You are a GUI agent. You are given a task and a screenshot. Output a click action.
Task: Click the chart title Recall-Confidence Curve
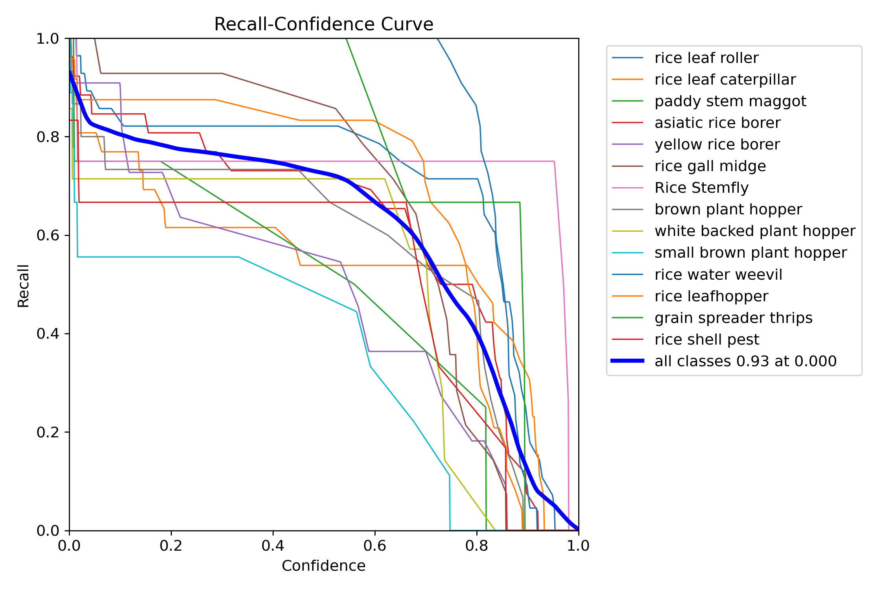[323, 24]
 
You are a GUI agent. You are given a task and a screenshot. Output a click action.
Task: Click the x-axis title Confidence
[323, 566]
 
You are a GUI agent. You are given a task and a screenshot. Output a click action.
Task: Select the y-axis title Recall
[24, 286]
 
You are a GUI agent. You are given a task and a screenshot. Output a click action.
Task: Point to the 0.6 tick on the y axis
[47, 235]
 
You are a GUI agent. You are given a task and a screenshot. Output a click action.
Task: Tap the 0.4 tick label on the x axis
[273, 546]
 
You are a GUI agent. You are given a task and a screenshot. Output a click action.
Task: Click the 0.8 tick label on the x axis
[477, 546]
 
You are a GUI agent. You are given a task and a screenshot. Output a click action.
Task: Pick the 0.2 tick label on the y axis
[47, 432]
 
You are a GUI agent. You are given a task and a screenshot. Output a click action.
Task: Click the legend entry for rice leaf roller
[706, 58]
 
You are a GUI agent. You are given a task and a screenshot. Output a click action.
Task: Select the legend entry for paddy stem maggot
[730, 101]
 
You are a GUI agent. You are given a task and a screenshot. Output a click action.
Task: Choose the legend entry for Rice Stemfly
[701, 188]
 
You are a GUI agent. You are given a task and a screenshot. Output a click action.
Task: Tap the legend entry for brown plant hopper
[728, 209]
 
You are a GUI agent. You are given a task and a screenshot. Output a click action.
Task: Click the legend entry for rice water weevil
[718, 275]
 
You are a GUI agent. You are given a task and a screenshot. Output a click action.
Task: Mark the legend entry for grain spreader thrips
[733, 318]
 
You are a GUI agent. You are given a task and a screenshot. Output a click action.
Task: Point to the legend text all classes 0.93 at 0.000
[745, 361]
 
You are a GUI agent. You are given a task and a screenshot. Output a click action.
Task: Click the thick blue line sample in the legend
[627, 361]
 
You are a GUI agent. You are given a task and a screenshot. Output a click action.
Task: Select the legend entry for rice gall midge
[710, 166]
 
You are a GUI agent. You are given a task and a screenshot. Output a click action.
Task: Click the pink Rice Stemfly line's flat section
[354, 161]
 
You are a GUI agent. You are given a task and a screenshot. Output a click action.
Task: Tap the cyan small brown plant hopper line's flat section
[157, 257]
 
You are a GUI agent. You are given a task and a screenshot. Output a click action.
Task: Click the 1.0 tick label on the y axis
[47, 39]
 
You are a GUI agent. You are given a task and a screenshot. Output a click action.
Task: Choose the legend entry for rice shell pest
[706, 339]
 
